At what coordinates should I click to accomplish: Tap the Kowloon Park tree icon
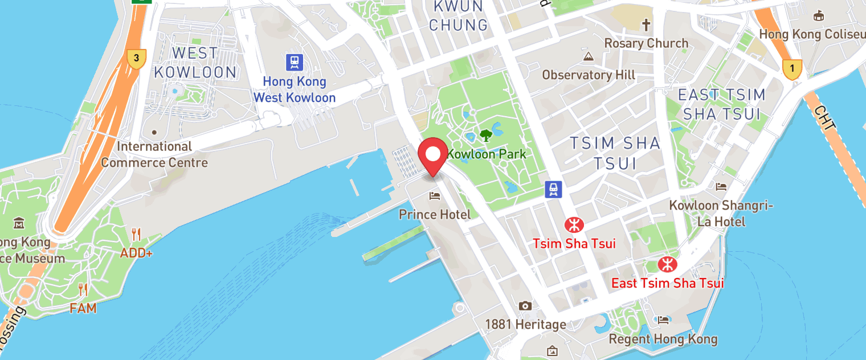[x=486, y=136]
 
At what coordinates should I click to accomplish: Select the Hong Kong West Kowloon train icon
[x=295, y=62]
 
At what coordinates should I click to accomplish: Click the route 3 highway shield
[x=136, y=59]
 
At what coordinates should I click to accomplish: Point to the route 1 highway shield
[x=792, y=69]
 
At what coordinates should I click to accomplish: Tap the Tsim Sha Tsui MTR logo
[x=574, y=225]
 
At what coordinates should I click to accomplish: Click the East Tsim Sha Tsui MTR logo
[x=666, y=264]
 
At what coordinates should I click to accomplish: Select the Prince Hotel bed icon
[x=435, y=197]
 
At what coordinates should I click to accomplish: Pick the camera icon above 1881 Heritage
[x=525, y=306]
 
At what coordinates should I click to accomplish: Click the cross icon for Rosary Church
[x=646, y=25]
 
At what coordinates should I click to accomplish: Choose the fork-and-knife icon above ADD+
[x=136, y=234]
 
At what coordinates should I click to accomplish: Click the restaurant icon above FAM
[x=83, y=290]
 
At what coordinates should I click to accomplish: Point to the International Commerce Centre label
[x=154, y=154]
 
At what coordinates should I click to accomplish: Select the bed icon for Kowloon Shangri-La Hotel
[x=721, y=187]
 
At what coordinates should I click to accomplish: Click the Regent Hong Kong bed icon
[x=663, y=320]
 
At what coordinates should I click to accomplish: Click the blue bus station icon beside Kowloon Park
[x=553, y=189]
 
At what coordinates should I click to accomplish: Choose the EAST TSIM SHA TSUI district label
[x=721, y=104]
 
